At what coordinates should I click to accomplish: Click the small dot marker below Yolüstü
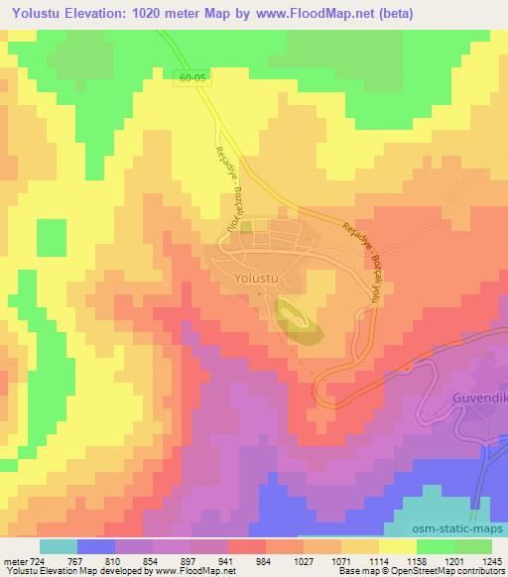(x=259, y=292)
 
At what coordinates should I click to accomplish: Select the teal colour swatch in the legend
(x=59, y=546)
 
